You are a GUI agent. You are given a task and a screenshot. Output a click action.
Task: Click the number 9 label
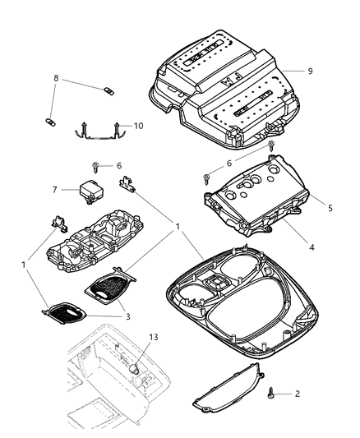tap(310, 71)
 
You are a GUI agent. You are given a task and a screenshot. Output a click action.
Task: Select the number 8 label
tap(56, 81)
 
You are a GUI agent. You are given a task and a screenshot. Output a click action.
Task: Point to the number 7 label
tap(55, 190)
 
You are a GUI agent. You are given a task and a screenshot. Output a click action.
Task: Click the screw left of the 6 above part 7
tap(97, 166)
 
